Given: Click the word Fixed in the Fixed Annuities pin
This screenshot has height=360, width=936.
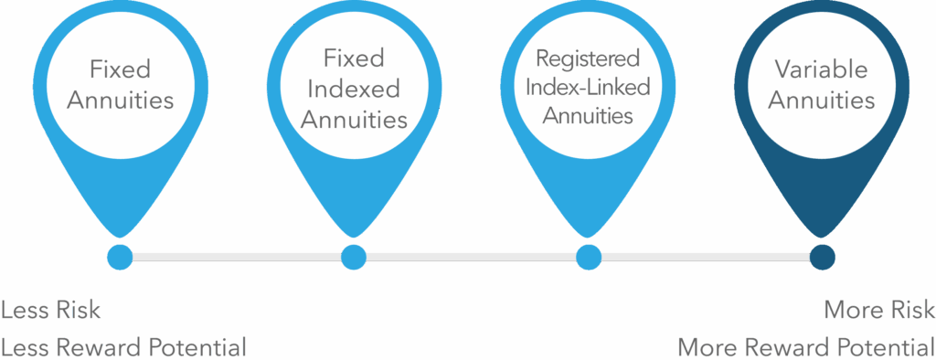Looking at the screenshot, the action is click(x=120, y=69).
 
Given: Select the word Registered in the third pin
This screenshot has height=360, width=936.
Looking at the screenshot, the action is click(x=588, y=60).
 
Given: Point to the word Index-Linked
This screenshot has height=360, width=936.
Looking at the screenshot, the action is click(x=588, y=89).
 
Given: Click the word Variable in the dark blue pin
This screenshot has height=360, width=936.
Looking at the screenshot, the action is click(x=821, y=69).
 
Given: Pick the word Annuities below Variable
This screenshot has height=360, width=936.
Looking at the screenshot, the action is click(x=821, y=100).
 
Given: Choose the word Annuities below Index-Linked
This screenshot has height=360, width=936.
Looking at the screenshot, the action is click(x=588, y=117).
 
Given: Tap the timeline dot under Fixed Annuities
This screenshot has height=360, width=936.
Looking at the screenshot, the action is click(x=120, y=257).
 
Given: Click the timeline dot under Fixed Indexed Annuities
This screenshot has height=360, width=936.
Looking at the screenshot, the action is click(x=354, y=257).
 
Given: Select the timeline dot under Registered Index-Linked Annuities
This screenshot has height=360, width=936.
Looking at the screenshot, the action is click(x=588, y=257).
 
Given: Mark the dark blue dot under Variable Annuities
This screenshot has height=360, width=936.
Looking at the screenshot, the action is click(x=822, y=257).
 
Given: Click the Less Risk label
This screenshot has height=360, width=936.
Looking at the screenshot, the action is click(x=51, y=310).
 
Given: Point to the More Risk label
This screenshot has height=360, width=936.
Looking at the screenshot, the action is click(x=878, y=310).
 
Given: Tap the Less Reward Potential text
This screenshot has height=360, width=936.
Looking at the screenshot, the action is click(x=123, y=346).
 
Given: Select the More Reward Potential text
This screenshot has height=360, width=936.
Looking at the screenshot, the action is click(x=805, y=346).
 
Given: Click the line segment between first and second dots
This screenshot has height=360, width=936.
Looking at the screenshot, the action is click(x=237, y=257).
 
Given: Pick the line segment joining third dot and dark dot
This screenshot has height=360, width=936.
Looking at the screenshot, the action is click(x=705, y=257).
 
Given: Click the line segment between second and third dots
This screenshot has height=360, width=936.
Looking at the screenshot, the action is click(x=471, y=257).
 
